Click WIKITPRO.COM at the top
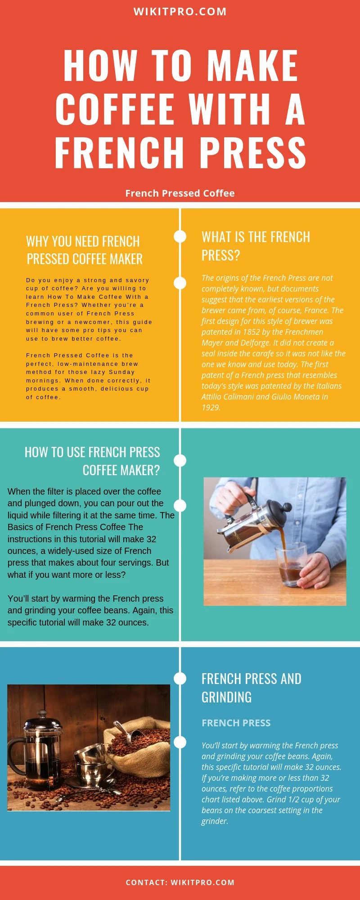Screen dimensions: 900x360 point(180,12)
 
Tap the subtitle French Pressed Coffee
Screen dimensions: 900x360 point(180,193)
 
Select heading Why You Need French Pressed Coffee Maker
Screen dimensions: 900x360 point(84,250)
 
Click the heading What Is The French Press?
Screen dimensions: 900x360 point(256,246)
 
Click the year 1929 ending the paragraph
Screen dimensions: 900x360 point(211,408)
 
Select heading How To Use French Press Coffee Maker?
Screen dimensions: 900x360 point(92,461)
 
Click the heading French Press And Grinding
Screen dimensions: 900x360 point(251,688)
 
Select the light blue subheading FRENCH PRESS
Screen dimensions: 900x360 point(236,723)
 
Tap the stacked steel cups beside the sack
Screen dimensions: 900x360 point(92,765)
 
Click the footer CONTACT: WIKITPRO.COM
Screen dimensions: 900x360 point(180,882)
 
